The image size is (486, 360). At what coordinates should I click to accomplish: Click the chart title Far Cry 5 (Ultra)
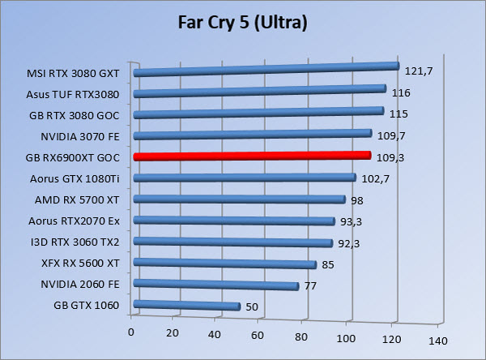pos(242,24)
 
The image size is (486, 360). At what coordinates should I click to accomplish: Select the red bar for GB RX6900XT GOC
pos(251,156)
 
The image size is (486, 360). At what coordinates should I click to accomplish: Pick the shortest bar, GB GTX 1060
pos(186,306)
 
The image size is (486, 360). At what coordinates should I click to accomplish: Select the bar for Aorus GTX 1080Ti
pos(244,178)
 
